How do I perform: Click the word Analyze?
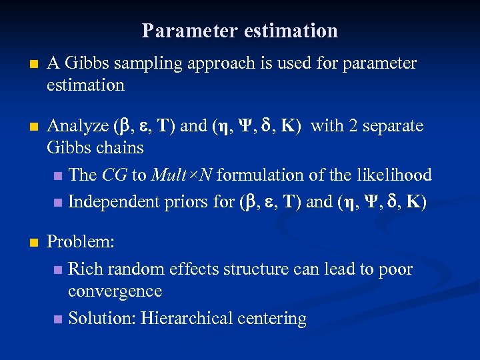[77, 126]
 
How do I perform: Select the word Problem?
[81, 242]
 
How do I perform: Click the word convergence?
[115, 292]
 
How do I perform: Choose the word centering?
[271, 319]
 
